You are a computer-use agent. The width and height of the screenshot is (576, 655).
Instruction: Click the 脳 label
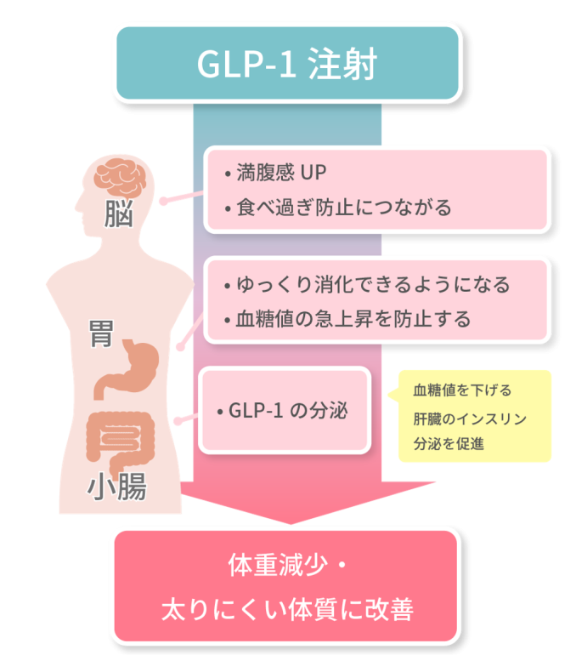click(120, 214)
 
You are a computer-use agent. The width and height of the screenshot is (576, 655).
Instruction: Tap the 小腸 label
click(117, 487)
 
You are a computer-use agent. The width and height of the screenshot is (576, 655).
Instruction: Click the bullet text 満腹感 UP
click(280, 173)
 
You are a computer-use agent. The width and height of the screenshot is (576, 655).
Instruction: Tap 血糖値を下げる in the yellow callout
click(462, 390)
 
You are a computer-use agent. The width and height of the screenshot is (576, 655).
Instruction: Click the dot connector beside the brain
click(161, 202)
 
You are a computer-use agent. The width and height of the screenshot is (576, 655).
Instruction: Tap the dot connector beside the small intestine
click(177, 421)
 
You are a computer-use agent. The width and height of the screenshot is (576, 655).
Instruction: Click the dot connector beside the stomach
click(178, 346)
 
